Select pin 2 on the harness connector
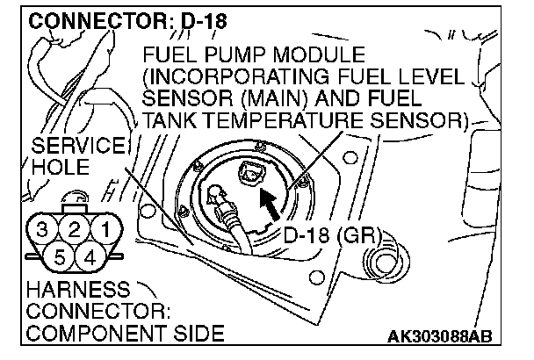click(x=75, y=232)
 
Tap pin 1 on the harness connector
click(x=106, y=232)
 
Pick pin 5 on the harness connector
click(x=59, y=257)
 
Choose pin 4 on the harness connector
click(x=90, y=257)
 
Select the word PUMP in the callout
click(x=234, y=54)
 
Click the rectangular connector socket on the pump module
click(x=253, y=173)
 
